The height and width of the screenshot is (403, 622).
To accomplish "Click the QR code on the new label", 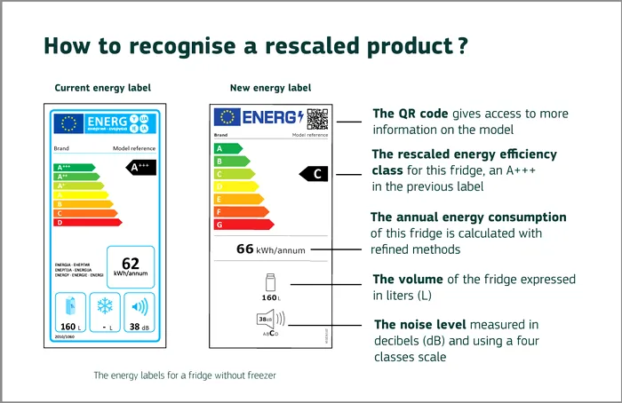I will (317, 118).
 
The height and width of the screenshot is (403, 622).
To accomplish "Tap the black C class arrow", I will (315, 174).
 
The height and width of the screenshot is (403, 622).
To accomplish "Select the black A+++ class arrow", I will (140, 167).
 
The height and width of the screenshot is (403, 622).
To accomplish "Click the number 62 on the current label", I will (131, 262).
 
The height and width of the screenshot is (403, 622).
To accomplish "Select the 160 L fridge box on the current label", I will (71, 312).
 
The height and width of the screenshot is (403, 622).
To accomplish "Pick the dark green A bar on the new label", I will (228, 148).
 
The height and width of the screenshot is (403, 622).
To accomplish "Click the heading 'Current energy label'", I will (102, 88).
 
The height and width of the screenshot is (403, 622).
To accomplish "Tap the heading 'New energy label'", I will (270, 88).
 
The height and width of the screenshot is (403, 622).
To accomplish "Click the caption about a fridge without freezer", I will (185, 375).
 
